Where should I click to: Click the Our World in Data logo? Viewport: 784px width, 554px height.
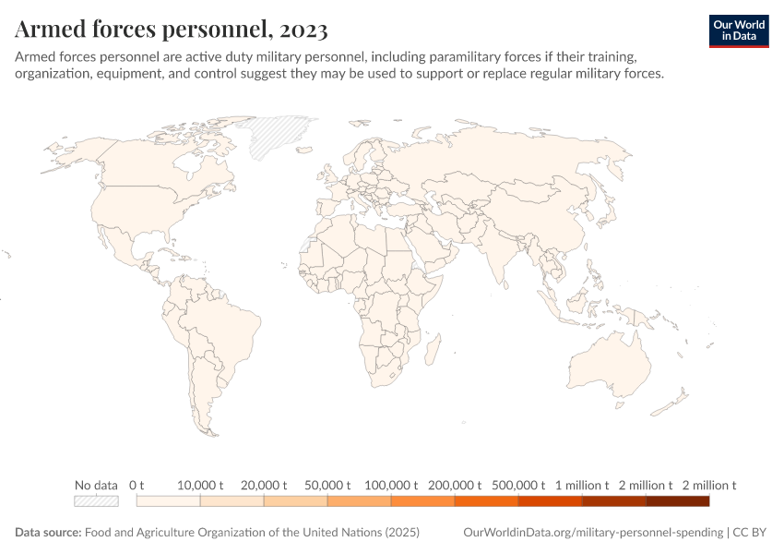tap(738, 30)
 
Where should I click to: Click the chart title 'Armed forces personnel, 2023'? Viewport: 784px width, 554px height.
tap(172, 30)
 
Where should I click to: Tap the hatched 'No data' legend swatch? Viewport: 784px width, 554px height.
tap(97, 501)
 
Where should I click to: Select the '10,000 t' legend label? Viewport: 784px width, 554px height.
tap(200, 485)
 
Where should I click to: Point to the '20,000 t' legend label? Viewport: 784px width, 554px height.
tap(264, 485)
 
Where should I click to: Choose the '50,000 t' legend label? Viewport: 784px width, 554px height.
tap(327, 485)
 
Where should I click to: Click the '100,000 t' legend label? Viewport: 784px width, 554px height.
tap(391, 485)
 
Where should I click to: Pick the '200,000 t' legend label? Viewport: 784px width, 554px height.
tap(455, 485)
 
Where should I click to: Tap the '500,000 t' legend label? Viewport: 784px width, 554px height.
tap(518, 485)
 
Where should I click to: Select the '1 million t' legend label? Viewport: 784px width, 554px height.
tap(582, 485)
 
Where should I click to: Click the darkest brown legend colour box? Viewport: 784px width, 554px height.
tap(677, 501)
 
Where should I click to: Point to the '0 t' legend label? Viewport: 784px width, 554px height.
tap(137, 485)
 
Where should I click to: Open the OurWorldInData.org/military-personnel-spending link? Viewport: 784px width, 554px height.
tap(592, 533)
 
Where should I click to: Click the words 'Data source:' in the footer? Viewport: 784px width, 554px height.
tap(48, 533)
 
